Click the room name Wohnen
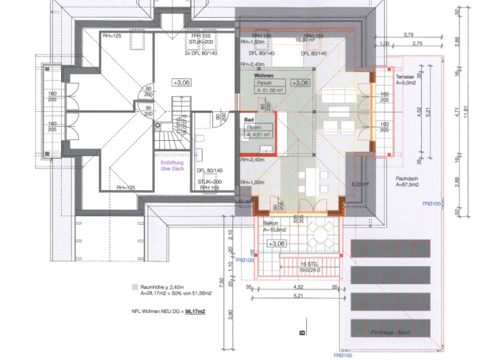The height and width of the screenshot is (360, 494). pos(249,75)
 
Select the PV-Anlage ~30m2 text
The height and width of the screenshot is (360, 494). pos(390,332)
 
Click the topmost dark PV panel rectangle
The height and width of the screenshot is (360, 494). pos(390,248)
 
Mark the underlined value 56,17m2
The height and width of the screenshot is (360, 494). pos(194,312)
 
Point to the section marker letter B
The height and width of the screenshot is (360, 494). pos(301,332)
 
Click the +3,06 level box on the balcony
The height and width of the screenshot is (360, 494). pos(277,244)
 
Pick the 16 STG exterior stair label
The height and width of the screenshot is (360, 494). pos(310,264)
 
